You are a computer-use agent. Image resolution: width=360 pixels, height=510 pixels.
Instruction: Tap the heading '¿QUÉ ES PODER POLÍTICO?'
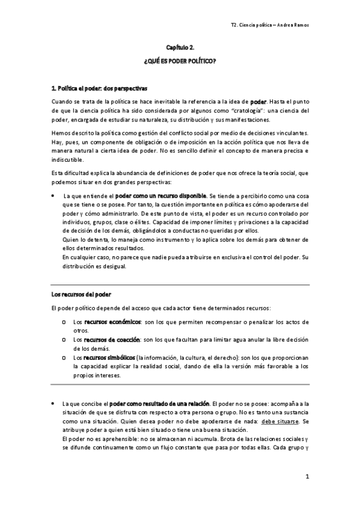pyautogui.click(x=180, y=62)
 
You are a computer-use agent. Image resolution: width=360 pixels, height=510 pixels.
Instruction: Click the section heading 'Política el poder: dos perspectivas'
pyautogui.click(x=100, y=88)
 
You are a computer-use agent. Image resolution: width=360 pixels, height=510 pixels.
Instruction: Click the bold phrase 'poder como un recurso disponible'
pyautogui.click(x=160, y=195)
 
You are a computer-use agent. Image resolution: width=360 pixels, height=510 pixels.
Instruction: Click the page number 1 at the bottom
pyautogui.click(x=307, y=477)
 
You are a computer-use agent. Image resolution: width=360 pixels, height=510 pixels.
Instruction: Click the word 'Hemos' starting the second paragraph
pyautogui.click(x=61, y=132)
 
